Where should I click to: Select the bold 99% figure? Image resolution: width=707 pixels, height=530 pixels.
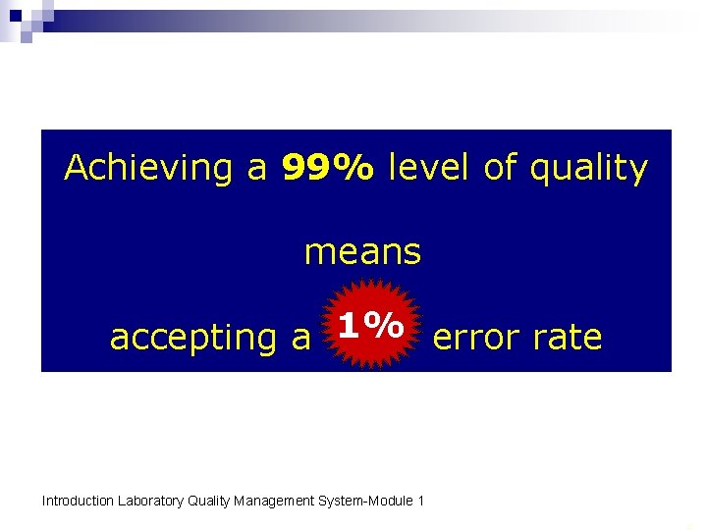tap(327, 169)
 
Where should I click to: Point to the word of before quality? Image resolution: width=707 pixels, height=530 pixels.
tap(500, 169)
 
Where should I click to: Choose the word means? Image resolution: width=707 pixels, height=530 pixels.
tap(362, 253)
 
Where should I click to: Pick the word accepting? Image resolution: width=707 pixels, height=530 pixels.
tap(195, 339)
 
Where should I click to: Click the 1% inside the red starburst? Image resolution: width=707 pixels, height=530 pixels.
tap(370, 325)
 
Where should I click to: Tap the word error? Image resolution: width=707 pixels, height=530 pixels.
tap(475, 338)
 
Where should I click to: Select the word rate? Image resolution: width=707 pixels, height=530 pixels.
tap(569, 338)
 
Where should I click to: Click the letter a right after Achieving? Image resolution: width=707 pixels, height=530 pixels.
tap(257, 170)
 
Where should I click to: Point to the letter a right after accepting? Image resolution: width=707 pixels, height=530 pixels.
tap(301, 339)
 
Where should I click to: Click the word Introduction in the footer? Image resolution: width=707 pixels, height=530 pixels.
tap(78, 502)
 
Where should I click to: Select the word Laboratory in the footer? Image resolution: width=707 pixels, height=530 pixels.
tap(150, 502)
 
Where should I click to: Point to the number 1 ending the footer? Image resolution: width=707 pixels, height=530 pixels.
tap(420, 502)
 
